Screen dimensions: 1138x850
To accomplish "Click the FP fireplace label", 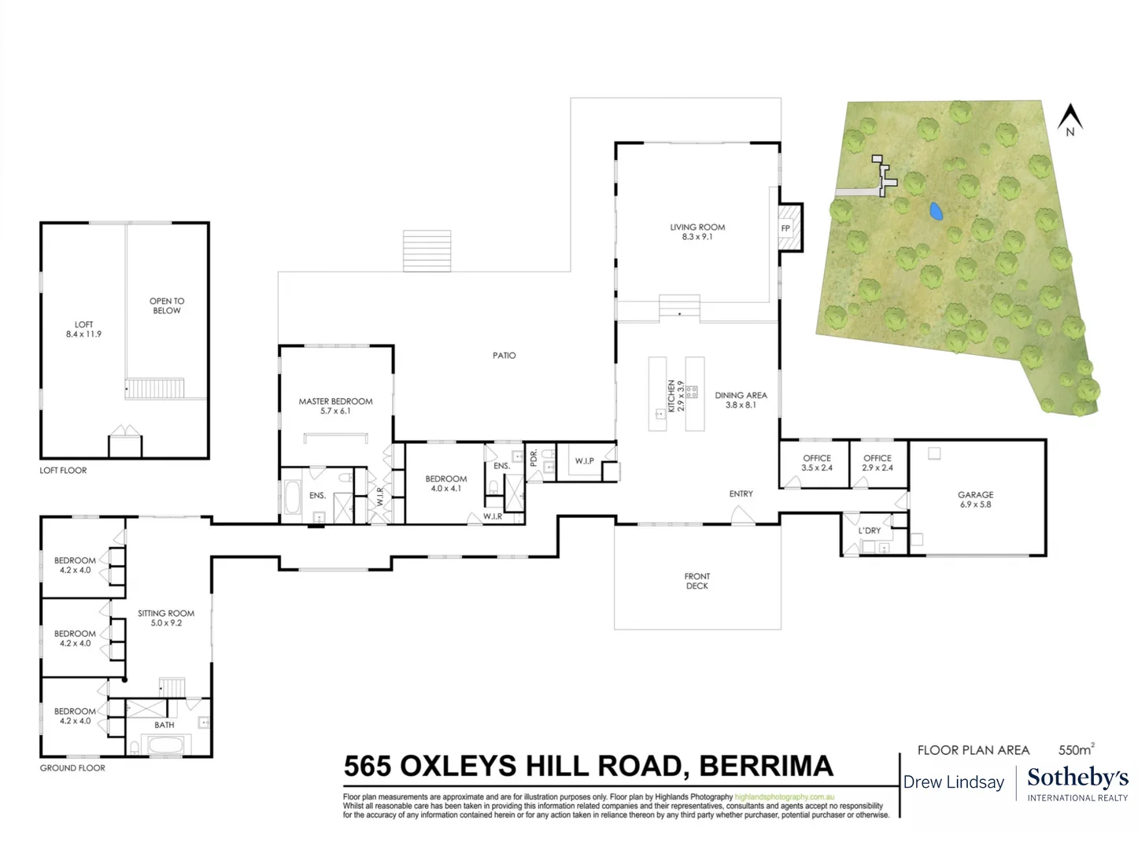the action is pos(785,228).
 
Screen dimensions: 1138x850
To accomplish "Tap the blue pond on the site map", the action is pos(935,211).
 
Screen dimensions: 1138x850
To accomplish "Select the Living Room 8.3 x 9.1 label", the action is pos(697,231).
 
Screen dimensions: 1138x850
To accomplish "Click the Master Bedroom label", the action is pos(335,406).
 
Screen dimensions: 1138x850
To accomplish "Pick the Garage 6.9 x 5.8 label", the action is pos(975,500).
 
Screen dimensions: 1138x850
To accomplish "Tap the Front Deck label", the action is pos(696,581).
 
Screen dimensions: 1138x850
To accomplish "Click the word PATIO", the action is pos(504,356).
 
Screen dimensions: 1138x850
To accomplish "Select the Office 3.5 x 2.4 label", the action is pos(817,463).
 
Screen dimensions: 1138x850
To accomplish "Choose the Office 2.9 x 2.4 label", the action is pos(878,463).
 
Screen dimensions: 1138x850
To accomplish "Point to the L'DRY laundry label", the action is pos(870,530).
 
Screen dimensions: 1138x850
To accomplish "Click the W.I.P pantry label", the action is pos(584,460).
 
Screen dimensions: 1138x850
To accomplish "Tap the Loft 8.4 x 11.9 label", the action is pos(83,329).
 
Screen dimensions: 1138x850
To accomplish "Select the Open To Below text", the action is pos(166,306).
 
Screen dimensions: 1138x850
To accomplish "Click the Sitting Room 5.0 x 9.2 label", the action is pos(166,618).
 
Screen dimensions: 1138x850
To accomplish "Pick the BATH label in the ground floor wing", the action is pos(164,725).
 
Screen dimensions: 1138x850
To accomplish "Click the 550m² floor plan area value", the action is pos(1077,749).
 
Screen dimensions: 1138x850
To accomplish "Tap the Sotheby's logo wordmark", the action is pos(1078,778).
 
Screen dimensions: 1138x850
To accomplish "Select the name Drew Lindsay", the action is pos(953,782).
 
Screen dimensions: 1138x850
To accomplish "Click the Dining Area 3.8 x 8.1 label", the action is pos(741,400).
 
